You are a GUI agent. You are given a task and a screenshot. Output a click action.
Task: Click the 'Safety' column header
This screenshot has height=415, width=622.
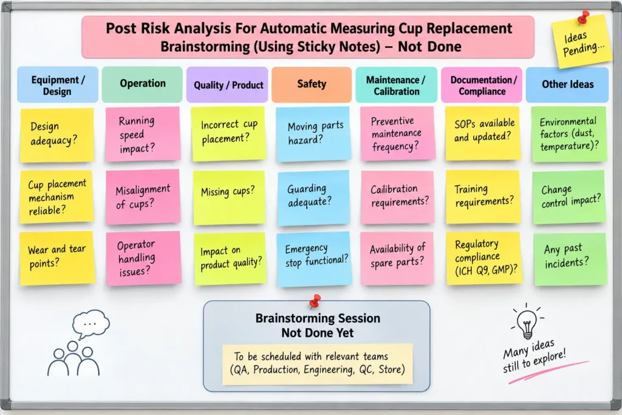tap(312, 84)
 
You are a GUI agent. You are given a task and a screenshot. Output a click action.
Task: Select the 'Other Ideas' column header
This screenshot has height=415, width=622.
tap(567, 84)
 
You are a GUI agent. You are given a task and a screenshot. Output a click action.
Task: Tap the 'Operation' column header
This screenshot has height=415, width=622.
tap(142, 84)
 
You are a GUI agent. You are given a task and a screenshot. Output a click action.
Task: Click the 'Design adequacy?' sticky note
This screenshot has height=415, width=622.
tap(56, 134)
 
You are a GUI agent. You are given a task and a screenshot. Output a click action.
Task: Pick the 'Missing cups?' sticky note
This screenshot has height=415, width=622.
tap(229, 197)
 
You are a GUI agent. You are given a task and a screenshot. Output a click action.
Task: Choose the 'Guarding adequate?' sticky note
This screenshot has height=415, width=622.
tap(313, 197)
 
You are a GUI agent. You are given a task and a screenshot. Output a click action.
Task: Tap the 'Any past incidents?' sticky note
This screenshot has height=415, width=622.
tap(570, 259)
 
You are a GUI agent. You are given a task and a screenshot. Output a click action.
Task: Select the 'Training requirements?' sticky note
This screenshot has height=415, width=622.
tap(483, 197)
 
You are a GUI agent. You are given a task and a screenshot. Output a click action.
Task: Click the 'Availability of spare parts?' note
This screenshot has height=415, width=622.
tap(397, 258)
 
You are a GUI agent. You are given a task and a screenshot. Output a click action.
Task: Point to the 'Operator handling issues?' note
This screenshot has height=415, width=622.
tap(143, 258)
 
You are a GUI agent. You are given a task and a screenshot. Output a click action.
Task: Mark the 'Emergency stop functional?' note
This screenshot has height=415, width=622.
tap(314, 259)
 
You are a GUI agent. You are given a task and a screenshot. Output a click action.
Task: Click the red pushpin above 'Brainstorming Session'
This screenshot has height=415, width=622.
tap(315, 301)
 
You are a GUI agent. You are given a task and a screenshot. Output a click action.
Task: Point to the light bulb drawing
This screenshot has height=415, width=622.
tap(527, 323)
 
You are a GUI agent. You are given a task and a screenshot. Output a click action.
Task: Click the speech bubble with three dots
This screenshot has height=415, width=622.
tap(91, 324)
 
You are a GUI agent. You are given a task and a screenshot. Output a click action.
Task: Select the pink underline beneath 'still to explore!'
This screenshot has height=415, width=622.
tap(549, 372)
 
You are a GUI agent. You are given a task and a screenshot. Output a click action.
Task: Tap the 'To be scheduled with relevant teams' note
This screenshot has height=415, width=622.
tap(317, 364)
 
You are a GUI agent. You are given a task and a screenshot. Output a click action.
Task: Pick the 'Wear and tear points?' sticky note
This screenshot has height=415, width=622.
tap(57, 258)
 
